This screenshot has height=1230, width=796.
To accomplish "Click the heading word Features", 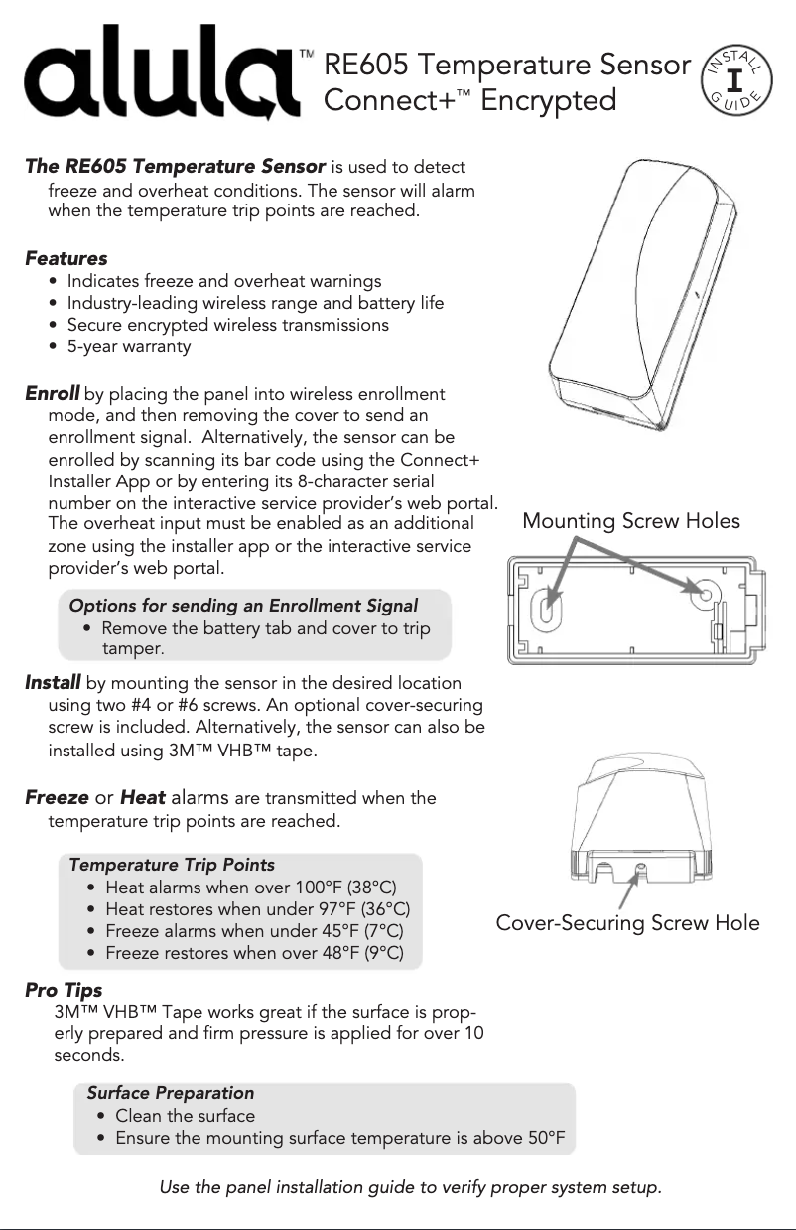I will (x=66, y=259).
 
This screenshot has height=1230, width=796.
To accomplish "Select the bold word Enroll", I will (x=53, y=394).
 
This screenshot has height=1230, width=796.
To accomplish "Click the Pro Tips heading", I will (x=63, y=990).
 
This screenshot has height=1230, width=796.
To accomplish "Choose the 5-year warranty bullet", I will (x=129, y=347).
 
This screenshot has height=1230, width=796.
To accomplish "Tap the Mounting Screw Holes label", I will (x=630, y=521).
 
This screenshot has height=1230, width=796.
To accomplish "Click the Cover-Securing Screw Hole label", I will (x=627, y=923).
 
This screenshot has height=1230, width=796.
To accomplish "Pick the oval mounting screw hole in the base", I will (x=545, y=610).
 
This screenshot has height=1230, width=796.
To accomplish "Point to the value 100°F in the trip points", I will (x=311, y=888).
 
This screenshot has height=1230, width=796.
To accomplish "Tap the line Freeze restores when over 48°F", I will (x=254, y=954).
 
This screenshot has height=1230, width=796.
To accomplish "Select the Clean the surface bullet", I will (x=185, y=1116).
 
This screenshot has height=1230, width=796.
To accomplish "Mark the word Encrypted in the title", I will (x=548, y=101).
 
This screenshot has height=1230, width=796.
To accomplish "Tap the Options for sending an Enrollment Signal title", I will (x=243, y=606).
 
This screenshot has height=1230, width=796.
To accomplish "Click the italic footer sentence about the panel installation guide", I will (x=410, y=1187).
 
